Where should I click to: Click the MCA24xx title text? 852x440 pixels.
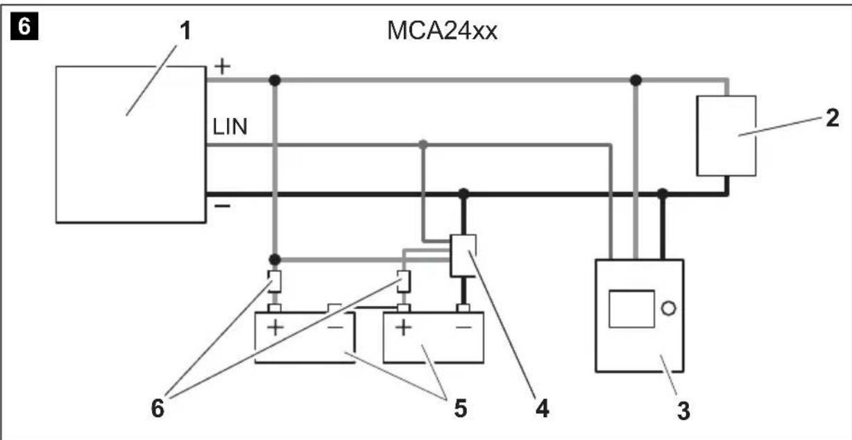[442, 31]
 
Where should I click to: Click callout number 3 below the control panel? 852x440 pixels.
[683, 411]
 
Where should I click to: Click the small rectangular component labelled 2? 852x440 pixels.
[726, 135]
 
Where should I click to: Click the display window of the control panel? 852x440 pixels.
[631, 309]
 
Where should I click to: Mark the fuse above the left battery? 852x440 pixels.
[275, 281]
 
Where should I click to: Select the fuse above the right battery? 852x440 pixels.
[403, 280]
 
